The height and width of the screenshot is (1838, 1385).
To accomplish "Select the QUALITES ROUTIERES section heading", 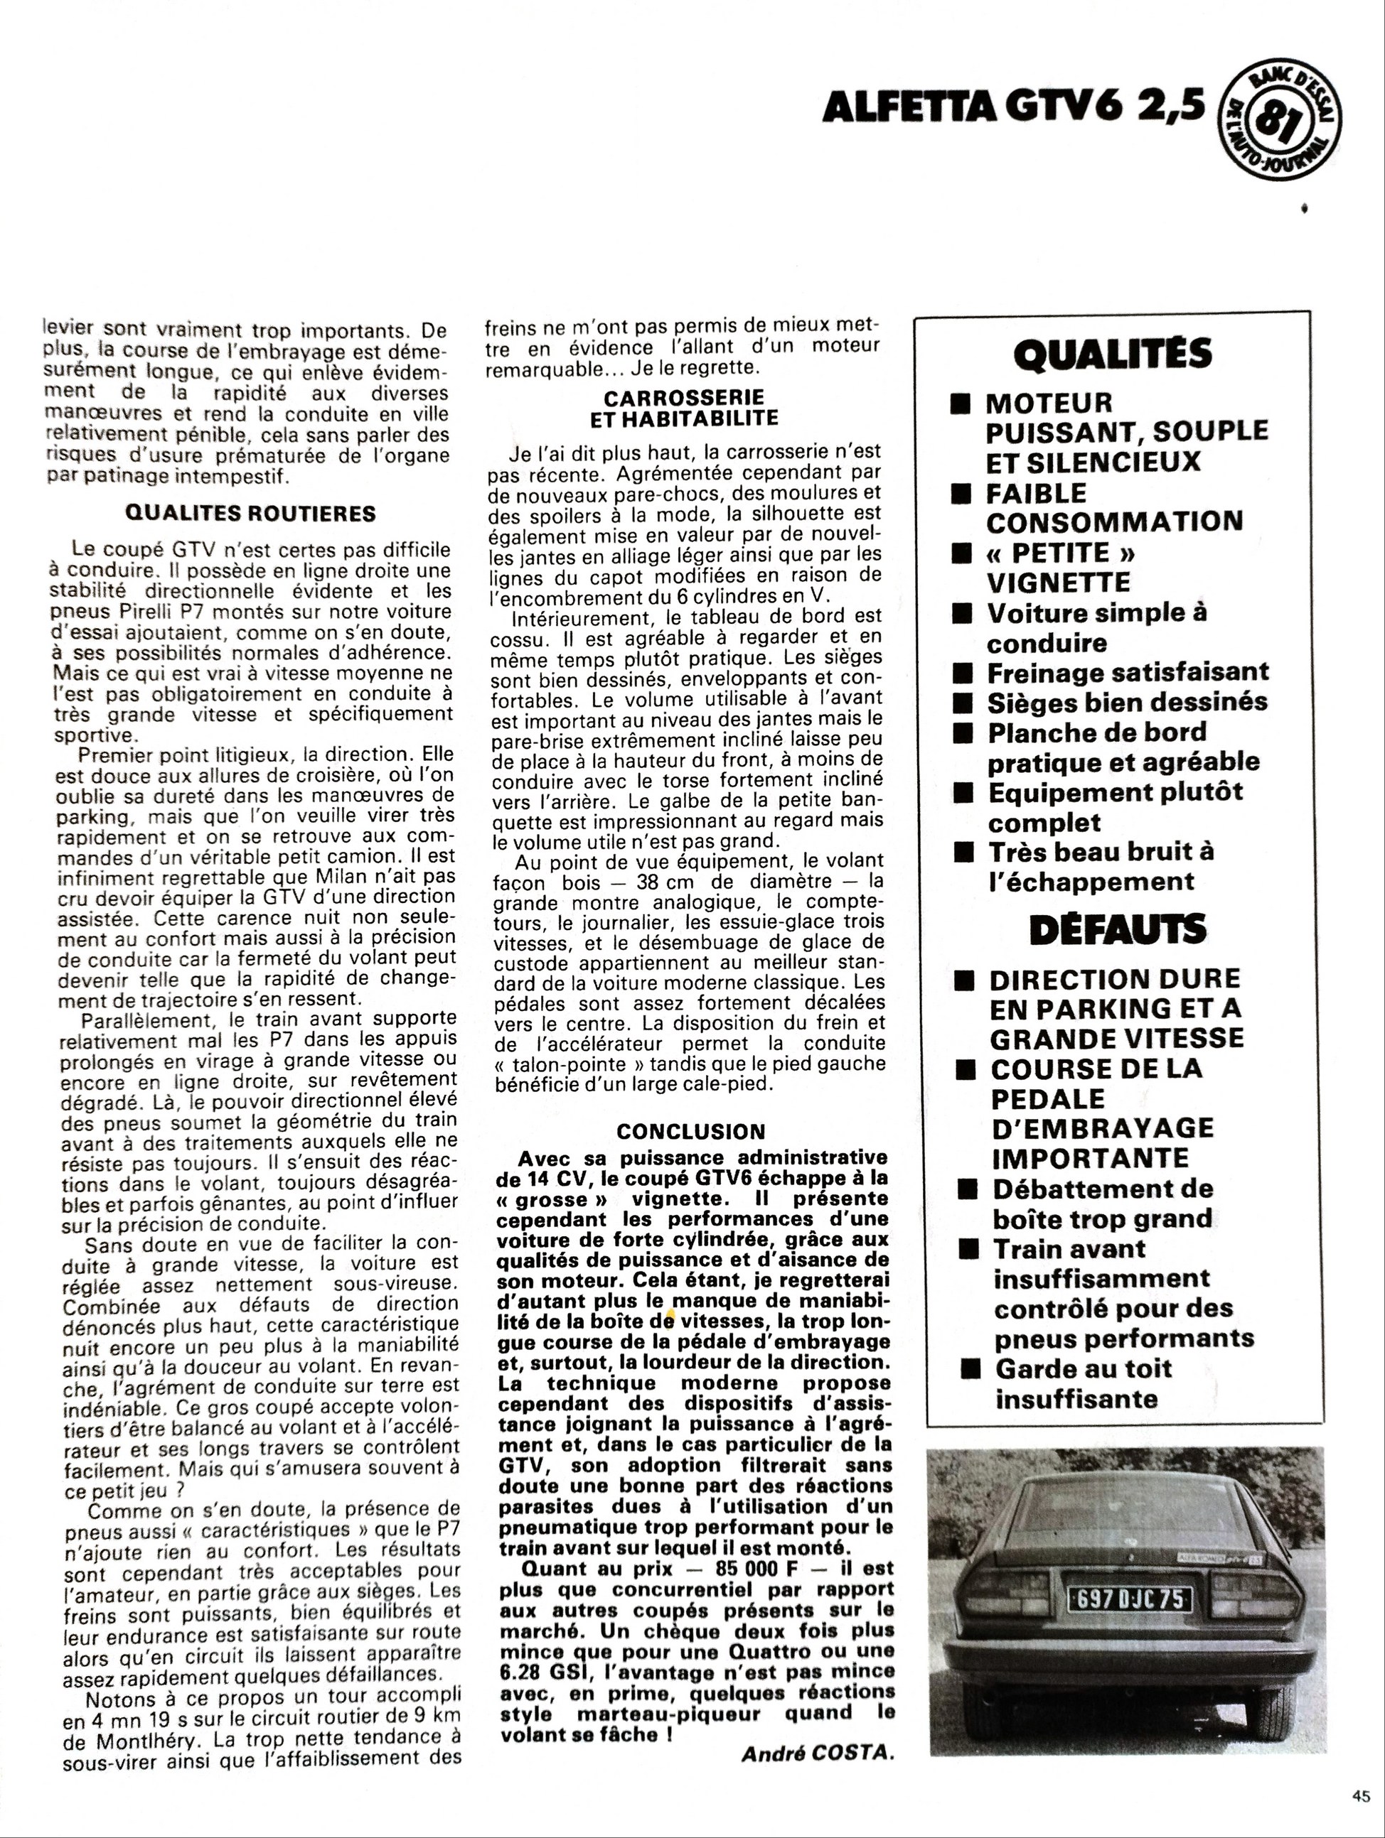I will point(250,513).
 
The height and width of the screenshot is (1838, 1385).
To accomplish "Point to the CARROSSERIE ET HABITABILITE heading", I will point(683,407).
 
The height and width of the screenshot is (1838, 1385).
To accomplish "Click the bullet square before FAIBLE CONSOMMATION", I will point(962,494).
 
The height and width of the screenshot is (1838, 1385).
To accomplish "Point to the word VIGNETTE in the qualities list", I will point(1058,582).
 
